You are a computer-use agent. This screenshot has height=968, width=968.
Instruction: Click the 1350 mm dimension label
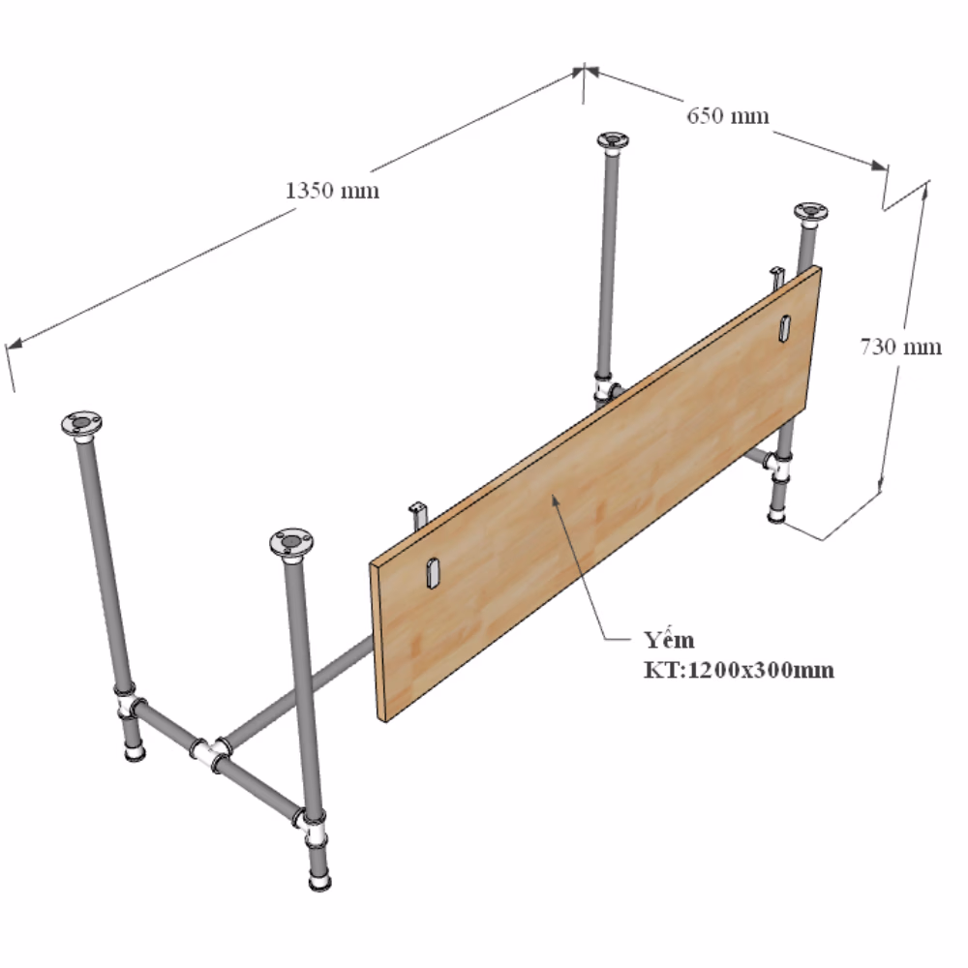click(332, 190)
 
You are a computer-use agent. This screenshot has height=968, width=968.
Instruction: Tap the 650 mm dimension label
click(728, 115)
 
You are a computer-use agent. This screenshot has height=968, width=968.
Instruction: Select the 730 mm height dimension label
click(900, 347)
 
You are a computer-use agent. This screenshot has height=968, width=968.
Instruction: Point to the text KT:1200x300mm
click(739, 670)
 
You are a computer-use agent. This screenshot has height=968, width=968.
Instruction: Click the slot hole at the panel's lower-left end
click(432, 572)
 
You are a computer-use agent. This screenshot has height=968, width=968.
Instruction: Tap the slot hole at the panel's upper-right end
click(785, 327)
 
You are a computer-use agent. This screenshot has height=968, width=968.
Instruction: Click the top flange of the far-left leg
click(81, 424)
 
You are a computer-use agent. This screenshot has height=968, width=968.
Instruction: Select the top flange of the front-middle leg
click(290, 543)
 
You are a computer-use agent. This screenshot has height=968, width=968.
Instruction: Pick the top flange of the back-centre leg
click(613, 140)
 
